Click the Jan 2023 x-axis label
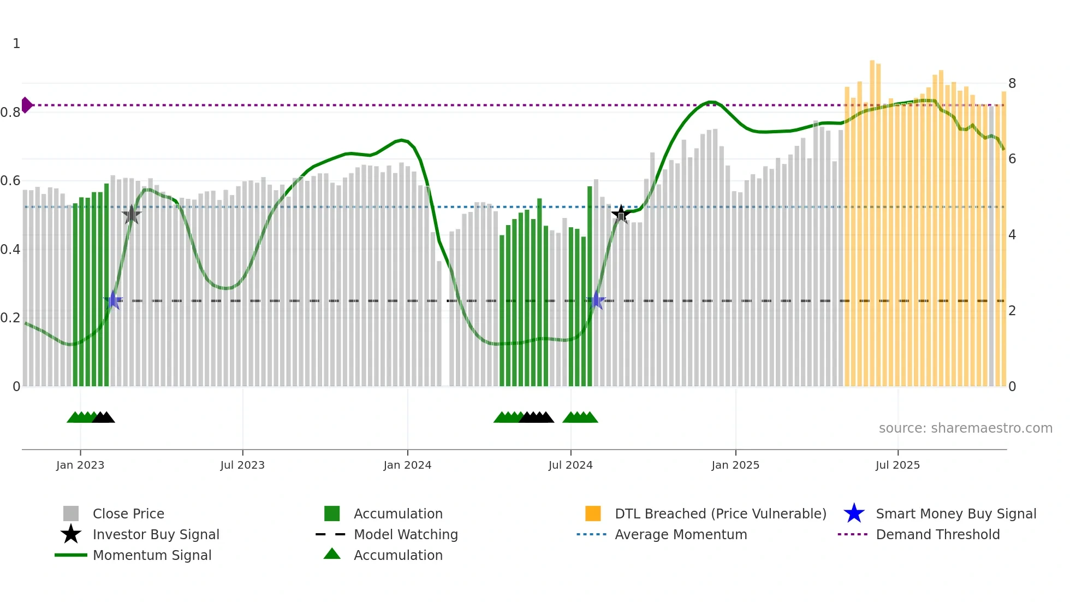80,465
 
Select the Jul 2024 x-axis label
570,465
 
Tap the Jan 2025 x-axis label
735,465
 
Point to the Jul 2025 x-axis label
897,465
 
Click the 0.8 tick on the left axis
10,113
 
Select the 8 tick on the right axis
1012,84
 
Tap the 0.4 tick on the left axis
10,250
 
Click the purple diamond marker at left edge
26,105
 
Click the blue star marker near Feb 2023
114,300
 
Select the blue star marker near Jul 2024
597,300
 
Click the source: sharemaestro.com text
965,428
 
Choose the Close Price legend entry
128,514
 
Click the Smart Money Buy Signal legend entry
955,514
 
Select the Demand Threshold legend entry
937,534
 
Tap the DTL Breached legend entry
720,514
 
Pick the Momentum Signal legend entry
152,555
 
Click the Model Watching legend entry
406,534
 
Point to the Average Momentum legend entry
681,534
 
